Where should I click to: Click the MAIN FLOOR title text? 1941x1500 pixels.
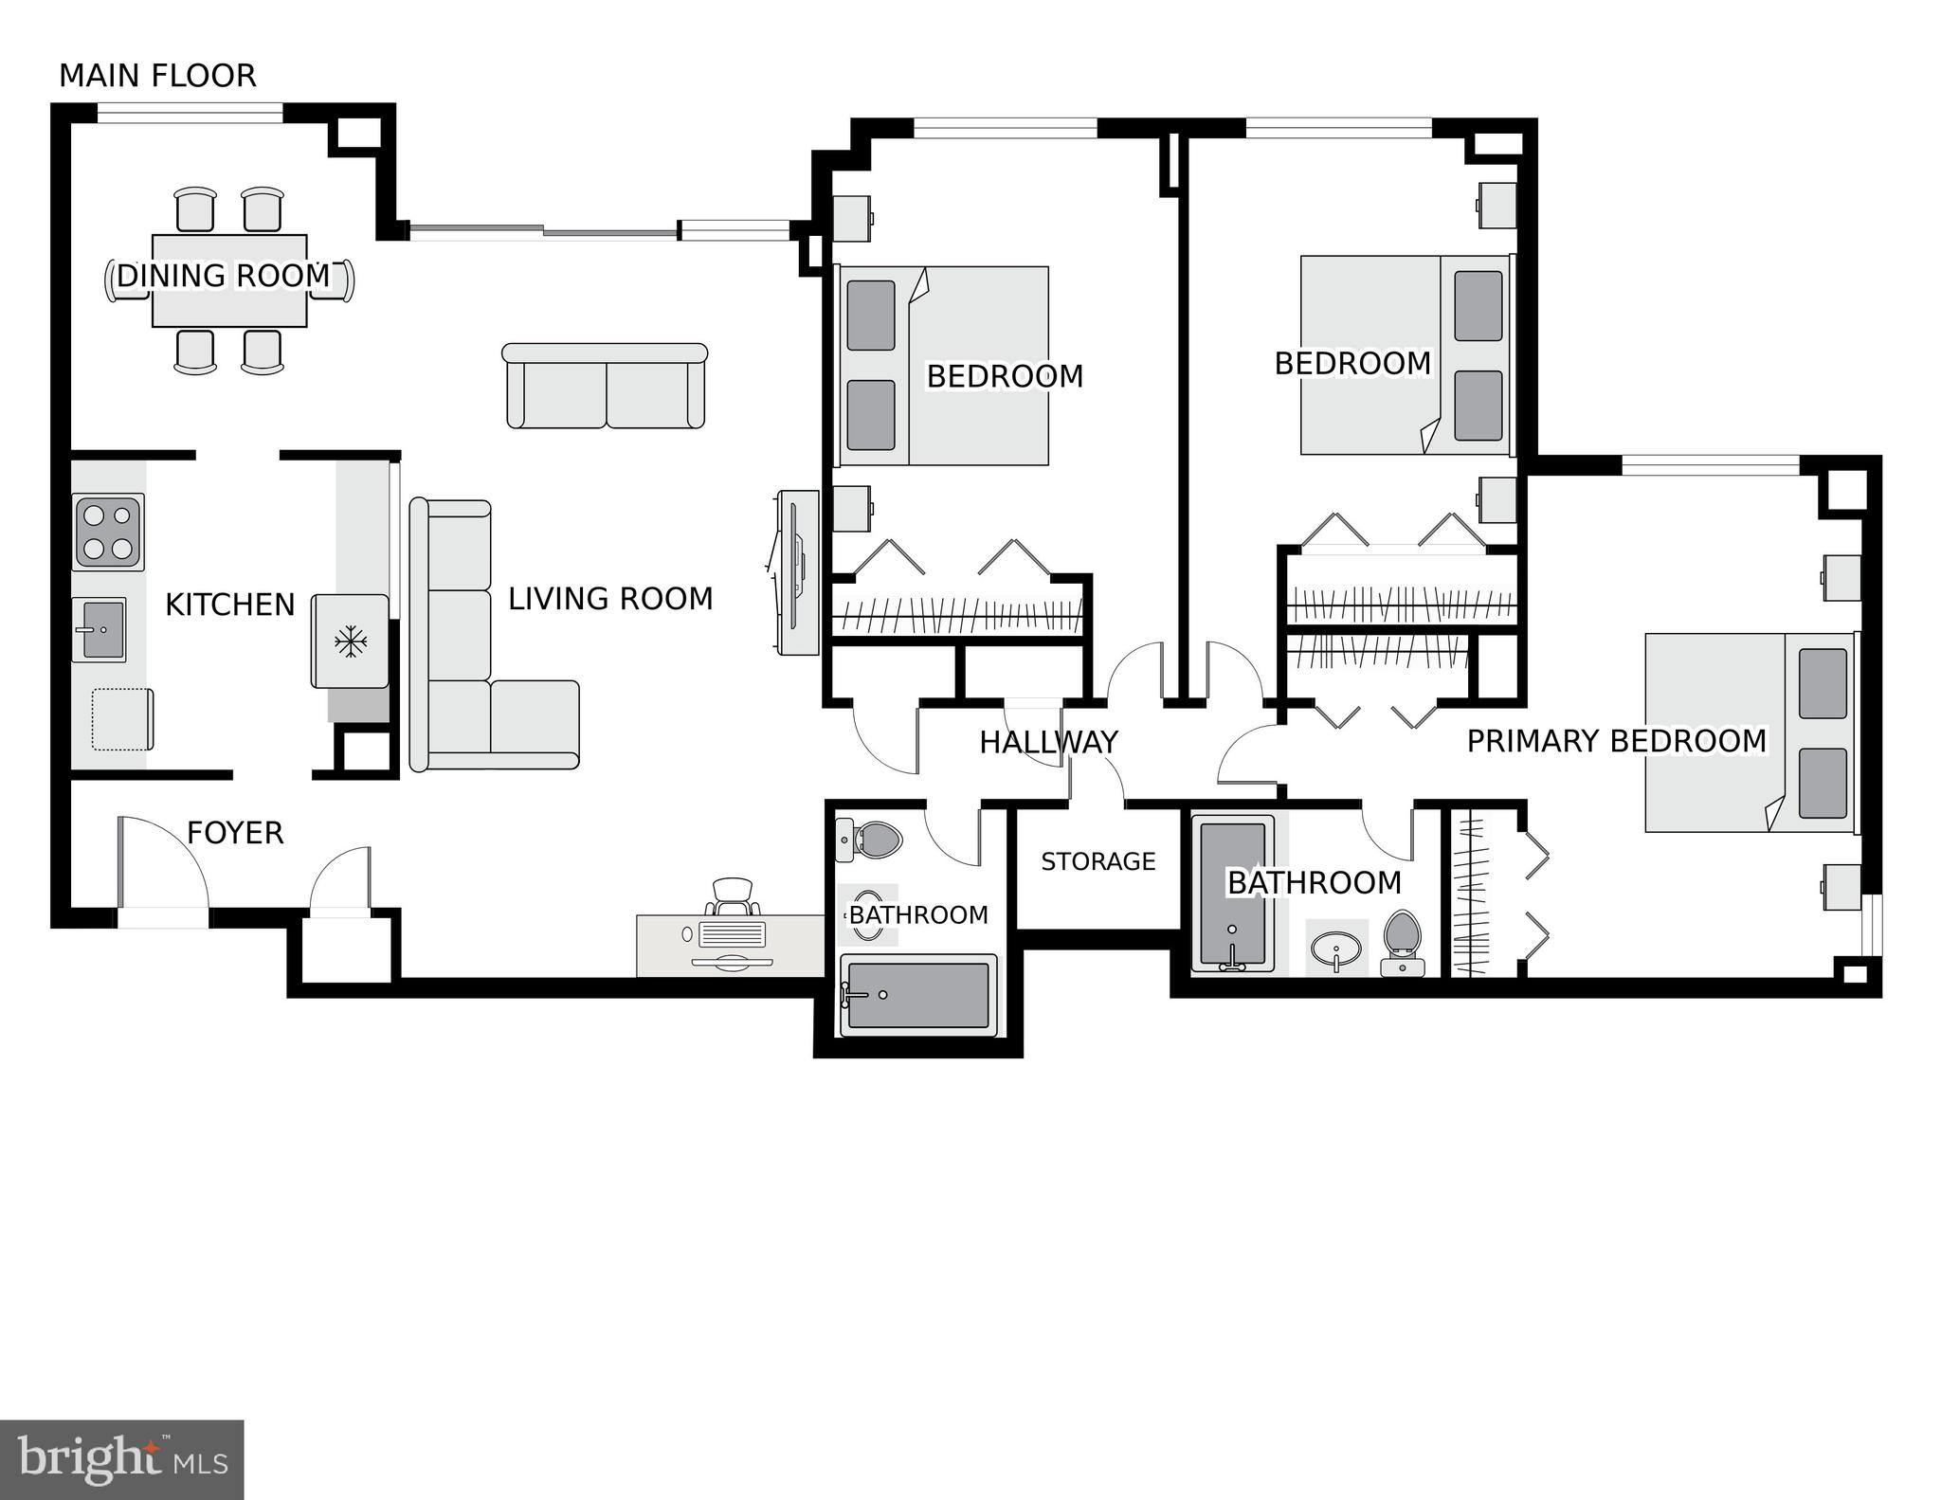click(x=157, y=76)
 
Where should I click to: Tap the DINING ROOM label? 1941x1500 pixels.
click(x=223, y=276)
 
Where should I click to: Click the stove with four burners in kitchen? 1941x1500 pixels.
click(x=108, y=533)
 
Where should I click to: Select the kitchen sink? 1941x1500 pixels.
click(x=99, y=629)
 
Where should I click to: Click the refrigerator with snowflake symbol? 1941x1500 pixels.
click(x=350, y=642)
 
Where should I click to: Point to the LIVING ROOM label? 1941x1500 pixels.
click(x=610, y=599)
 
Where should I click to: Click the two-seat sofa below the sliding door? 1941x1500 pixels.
click(x=605, y=387)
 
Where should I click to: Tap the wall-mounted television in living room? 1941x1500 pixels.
click(x=796, y=571)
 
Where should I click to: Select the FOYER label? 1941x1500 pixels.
click(x=235, y=833)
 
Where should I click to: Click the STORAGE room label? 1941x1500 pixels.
click(x=1097, y=861)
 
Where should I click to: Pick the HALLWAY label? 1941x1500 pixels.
click(x=1048, y=742)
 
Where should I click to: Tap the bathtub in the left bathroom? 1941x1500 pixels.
click(x=917, y=995)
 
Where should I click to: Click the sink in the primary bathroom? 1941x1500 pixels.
click(x=1335, y=947)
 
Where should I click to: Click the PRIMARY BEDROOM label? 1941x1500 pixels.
click(x=1616, y=741)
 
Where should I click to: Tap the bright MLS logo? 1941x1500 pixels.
click(x=121, y=1459)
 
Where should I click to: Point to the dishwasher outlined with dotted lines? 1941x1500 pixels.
click(x=121, y=719)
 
